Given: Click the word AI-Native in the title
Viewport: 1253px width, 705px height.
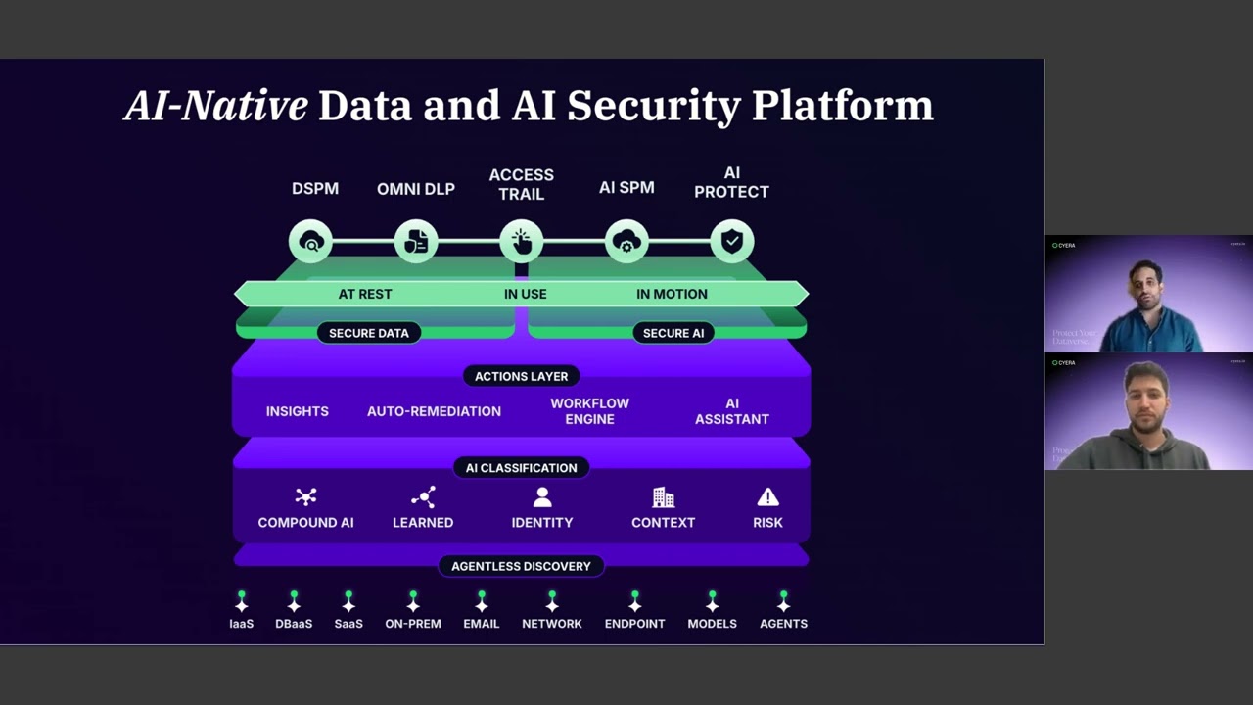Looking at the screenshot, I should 215,106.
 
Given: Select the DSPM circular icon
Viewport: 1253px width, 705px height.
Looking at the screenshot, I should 311,242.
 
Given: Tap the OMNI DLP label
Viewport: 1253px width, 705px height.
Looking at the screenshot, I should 416,189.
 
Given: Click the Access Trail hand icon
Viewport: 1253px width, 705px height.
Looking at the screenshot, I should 521,242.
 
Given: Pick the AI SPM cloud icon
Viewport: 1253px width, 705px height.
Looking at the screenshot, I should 626,242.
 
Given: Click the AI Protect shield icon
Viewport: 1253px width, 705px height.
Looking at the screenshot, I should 731,242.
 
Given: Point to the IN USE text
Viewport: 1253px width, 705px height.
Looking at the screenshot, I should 525,294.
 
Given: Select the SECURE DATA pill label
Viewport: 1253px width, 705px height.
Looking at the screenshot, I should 368,333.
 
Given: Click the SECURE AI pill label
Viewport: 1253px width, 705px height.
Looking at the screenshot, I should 673,333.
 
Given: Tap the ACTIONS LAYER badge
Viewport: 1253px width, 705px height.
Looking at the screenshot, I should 521,376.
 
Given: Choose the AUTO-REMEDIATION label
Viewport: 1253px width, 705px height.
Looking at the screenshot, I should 434,411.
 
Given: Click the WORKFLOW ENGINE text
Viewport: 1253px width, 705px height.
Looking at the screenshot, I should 589,411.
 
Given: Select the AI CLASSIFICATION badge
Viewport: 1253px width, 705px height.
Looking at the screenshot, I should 521,468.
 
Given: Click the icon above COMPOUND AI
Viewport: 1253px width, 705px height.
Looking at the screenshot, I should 305,497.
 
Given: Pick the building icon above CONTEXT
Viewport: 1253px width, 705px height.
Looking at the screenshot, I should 663,497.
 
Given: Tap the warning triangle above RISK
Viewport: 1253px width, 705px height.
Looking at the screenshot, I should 767,497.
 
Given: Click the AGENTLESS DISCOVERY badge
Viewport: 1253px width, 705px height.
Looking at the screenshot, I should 521,566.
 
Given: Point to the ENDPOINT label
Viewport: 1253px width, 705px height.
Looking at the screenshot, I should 634,624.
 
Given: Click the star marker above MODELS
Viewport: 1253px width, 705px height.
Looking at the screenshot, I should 712,602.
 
